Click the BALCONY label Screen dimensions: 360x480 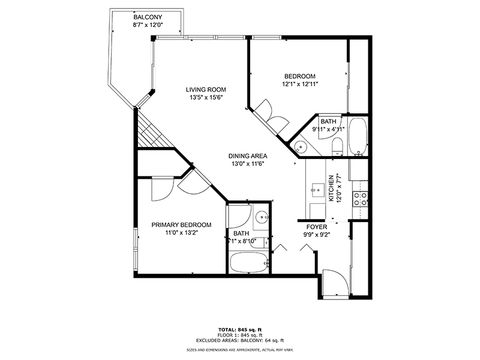[148, 17]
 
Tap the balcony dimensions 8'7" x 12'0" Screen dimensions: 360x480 [148, 25]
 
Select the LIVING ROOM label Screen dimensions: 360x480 [206, 89]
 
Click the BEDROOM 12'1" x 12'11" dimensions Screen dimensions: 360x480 [300, 84]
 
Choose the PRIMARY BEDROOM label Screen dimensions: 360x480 [181, 224]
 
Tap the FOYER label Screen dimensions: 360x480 [317, 227]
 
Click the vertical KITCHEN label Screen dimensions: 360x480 [331, 188]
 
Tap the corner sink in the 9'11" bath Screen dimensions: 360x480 [299, 145]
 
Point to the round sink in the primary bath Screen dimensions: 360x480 [261, 218]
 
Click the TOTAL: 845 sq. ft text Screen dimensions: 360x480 [239, 330]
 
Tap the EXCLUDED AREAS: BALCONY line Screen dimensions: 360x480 [239, 340]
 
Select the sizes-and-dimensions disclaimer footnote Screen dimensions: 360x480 [239, 349]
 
